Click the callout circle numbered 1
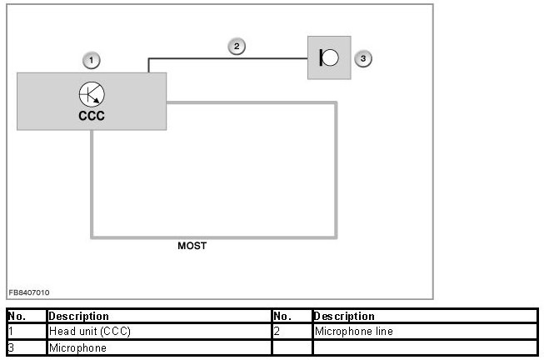click(x=92, y=59)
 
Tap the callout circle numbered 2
click(x=237, y=47)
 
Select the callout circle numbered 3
click(x=362, y=58)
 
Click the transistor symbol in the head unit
click(x=92, y=93)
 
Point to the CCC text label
click(x=92, y=116)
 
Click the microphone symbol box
click(x=329, y=57)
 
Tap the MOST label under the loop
click(x=192, y=246)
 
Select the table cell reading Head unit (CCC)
click(x=90, y=332)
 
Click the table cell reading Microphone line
click(x=353, y=332)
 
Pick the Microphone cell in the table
click(x=77, y=347)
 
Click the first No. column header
click(x=17, y=317)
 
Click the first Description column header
click(x=79, y=317)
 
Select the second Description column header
click(x=344, y=317)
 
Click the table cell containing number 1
click(x=25, y=332)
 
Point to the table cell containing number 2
click(x=292, y=332)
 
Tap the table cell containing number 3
click(x=25, y=347)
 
